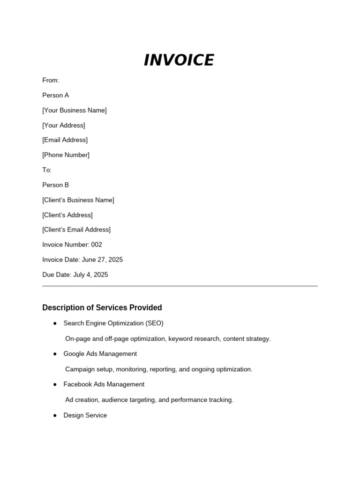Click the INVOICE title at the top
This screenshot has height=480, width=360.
(179, 60)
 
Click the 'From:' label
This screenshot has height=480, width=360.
(51, 80)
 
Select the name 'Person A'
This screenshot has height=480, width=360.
(55, 95)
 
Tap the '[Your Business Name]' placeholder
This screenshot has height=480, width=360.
(75, 110)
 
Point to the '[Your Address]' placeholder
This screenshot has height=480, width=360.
(64, 125)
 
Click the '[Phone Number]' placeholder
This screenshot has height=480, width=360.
(66, 155)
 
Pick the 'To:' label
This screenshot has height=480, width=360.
(47, 170)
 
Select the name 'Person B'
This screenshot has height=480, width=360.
(55, 185)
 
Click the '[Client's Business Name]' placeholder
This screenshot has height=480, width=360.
(78, 200)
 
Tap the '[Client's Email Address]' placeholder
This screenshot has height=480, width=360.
(76, 230)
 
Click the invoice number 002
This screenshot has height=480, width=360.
(97, 245)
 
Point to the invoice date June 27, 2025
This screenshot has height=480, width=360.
(102, 260)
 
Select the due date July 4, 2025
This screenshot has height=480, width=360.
(90, 275)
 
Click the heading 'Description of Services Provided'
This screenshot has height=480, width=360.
(102, 307)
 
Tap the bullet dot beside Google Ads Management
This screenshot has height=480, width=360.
(55, 354)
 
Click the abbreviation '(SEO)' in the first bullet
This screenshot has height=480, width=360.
(154, 323)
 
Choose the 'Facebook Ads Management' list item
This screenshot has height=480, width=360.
(104, 384)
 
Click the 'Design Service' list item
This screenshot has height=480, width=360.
(85, 415)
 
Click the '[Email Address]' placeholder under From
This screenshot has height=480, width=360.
(65, 140)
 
